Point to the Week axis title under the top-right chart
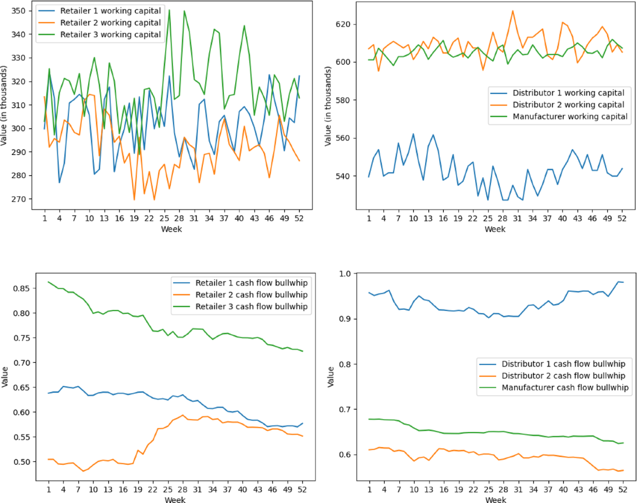coord(495,229)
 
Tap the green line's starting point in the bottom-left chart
coord(49,282)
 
